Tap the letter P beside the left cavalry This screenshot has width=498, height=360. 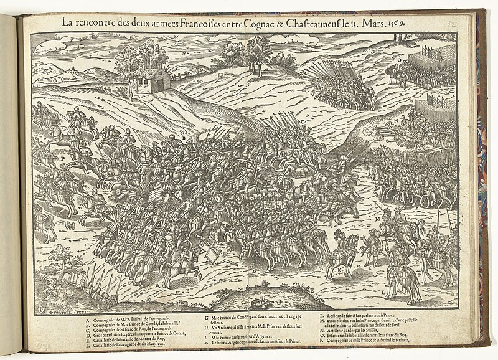pyautogui.click(x=62, y=159)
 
